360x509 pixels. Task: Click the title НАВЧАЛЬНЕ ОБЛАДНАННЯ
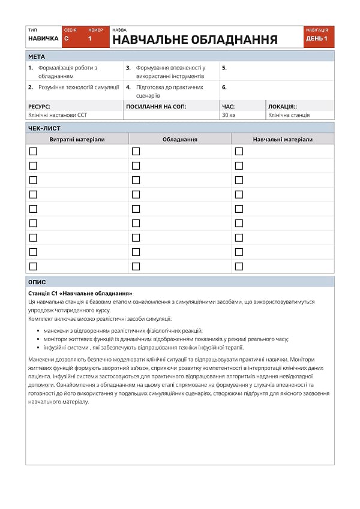point(194,40)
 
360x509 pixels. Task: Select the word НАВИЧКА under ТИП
point(43,38)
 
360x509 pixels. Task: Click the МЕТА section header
point(37,56)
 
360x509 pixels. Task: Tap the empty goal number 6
point(224,87)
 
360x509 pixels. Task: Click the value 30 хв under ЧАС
point(229,115)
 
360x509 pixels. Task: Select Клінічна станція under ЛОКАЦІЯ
point(289,115)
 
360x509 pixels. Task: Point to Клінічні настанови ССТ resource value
point(58,115)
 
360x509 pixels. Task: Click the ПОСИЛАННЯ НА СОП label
point(156,106)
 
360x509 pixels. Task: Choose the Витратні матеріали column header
point(77,139)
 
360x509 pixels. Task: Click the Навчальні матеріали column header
point(282,139)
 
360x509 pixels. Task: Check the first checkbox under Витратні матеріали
point(33,152)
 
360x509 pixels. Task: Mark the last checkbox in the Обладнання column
point(136,266)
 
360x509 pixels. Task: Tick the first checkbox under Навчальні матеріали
point(239,152)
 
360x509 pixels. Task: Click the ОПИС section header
point(37,282)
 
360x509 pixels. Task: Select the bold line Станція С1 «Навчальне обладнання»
point(80,293)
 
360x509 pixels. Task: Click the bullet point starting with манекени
point(123,330)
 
